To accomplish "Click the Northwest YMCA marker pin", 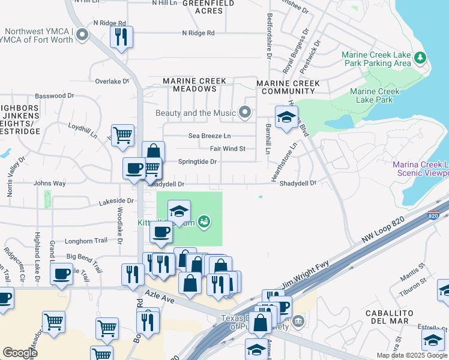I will [82, 35].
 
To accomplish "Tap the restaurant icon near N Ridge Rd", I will [122, 37].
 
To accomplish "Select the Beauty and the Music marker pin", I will [245, 112].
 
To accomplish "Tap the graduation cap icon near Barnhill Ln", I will [287, 117].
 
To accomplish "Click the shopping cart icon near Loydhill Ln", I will [123, 135].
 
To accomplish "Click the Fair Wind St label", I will [228, 149].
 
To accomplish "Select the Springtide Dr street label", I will [197, 162].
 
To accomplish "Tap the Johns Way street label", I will [50, 183].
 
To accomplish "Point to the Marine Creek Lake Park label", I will [375, 96].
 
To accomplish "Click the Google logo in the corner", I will [20, 353].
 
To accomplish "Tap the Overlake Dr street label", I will [112, 81].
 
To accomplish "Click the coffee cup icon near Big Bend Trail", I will [62, 274].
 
